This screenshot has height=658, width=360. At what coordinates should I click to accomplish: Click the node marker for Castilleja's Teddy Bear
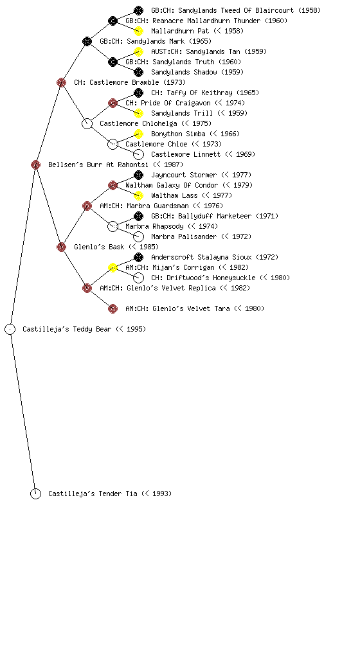[x=10, y=330]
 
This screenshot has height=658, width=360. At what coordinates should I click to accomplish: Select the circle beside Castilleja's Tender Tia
[x=35, y=494]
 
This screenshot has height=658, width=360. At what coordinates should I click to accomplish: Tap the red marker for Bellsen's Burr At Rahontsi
[x=35, y=165]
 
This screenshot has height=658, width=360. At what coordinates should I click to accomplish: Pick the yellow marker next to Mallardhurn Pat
[x=138, y=31]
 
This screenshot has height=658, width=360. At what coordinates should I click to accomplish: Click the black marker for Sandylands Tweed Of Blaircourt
[x=138, y=10]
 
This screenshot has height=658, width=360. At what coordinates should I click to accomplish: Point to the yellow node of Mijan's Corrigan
[x=113, y=268]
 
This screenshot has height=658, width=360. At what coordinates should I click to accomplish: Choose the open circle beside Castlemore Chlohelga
[x=87, y=124]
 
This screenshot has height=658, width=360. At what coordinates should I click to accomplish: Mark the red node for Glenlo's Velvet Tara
[x=113, y=309]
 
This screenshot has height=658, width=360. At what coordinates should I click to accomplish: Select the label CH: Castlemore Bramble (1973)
[x=130, y=82]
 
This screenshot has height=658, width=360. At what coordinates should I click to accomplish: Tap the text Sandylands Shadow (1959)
[x=197, y=72]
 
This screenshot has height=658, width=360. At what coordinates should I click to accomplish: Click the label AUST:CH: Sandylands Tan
[x=195, y=51]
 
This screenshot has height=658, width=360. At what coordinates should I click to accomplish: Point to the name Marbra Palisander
[x=184, y=236]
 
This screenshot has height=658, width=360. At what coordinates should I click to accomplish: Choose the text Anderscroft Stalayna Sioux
[x=201, y=257]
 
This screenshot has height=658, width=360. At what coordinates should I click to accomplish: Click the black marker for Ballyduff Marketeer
[x=138, y=216]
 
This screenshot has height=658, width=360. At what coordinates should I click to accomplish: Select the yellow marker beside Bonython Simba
[x=138, y=134]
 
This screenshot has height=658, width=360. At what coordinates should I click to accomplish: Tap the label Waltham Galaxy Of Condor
[x=172, y=185]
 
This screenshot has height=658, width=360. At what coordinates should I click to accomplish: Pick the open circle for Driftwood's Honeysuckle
[x=138, y=278]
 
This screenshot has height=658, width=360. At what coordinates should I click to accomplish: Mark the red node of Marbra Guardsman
[x=87, y=206]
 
